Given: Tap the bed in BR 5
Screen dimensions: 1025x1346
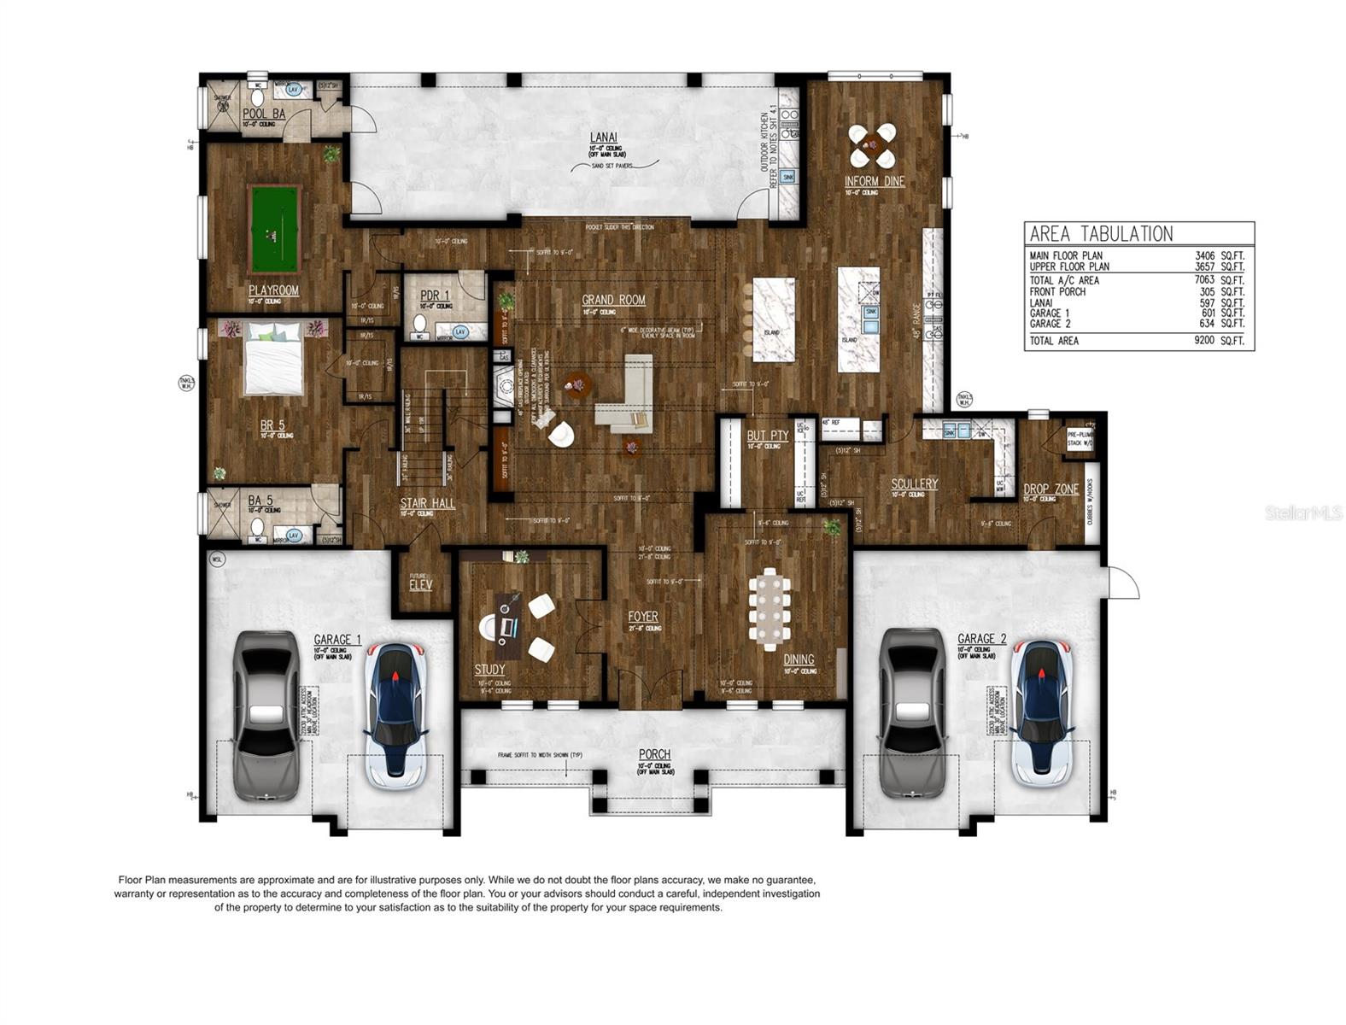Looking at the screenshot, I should pos(272,364).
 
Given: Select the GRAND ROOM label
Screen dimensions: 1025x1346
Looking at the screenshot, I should pos(613,300).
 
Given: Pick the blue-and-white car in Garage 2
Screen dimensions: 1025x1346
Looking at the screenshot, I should pos(1043,714).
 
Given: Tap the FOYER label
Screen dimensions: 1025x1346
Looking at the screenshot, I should pos(642,616).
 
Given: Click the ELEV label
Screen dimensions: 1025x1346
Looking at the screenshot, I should pos(420,585).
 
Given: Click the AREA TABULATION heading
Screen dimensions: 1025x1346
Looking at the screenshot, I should pos(1101,234).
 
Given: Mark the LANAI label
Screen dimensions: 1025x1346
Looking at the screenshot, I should pos(603,138).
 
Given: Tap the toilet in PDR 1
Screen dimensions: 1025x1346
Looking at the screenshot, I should pos(420,325).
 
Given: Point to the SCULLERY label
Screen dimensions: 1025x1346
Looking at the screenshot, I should pos(914,483).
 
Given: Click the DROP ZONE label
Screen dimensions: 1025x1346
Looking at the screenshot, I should pos(1050,489).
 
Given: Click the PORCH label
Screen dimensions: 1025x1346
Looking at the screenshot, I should pos(654,754).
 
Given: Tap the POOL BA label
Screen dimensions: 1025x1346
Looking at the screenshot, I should pos(264,114).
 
